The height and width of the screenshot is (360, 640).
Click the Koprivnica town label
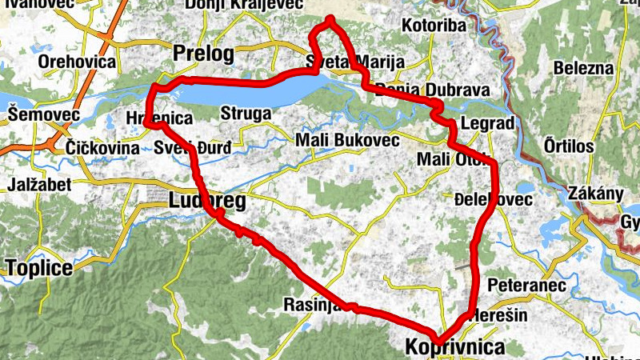click(455, 348)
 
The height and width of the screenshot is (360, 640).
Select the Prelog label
click(203, 54)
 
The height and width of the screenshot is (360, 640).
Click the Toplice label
click(39, 267)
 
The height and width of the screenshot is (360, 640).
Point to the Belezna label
click(586, 69)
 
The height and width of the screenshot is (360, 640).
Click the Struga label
click(246, 114)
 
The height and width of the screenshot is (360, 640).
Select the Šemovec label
click(44, 115)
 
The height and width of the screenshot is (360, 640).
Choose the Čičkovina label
click(104, 148)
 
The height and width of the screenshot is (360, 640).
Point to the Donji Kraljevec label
click(243, 5)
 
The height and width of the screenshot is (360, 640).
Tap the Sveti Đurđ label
click(192, 148)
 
